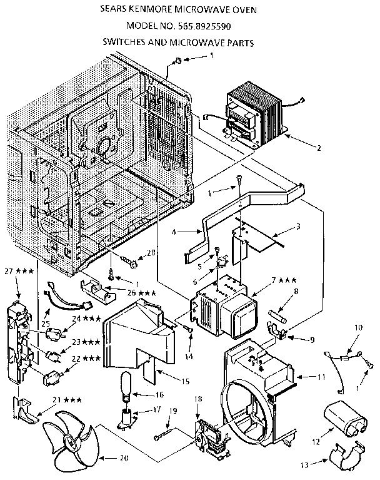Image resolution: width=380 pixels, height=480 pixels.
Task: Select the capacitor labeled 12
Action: (345, 419)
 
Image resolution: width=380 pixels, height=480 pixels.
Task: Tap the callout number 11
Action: (322, 378)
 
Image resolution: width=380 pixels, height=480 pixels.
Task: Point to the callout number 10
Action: (359, 327)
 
